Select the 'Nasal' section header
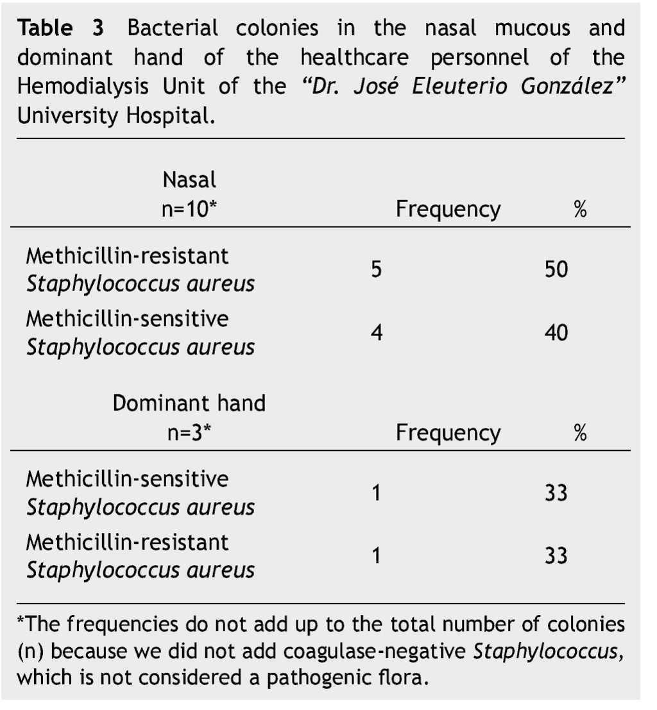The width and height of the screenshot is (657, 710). pos(189,180)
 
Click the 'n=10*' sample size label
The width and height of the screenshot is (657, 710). pos(189,210)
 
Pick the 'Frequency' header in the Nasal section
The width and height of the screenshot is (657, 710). pos(448,210)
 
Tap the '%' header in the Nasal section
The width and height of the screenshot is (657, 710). pos(580,210)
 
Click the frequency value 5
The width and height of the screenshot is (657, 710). pos(377,269)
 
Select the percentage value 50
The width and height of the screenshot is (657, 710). pos(556,269)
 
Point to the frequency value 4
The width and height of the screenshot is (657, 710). pos(377,333)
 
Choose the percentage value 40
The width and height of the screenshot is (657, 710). pos(556,333)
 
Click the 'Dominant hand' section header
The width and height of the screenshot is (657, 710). pos(189,403)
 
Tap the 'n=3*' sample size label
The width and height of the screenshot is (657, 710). pos(189,433)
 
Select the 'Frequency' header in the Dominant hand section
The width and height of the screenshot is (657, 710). pos(448,433)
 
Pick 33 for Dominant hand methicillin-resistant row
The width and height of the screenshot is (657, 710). pos(556,555)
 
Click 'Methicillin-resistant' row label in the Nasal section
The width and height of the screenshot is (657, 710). pos(127,256)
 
